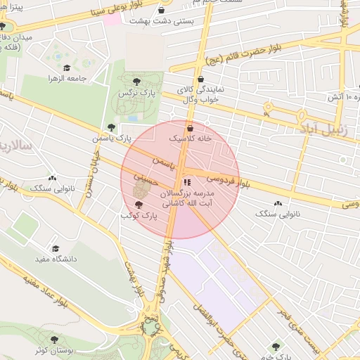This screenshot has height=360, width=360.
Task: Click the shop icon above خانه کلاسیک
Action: [x=191, y=128]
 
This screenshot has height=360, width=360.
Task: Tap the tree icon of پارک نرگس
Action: [x=127, y=82]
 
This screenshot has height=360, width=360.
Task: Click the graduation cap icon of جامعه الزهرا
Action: [x=67, y=68]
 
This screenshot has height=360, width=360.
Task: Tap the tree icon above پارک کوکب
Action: [x=138, y=205]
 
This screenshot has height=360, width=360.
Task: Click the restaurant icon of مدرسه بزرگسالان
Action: [x=186, y=183]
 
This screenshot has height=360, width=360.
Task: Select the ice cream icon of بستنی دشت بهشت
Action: [x=162, y=11]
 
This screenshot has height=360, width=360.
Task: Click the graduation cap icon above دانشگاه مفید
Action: [x=56, y=249]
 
